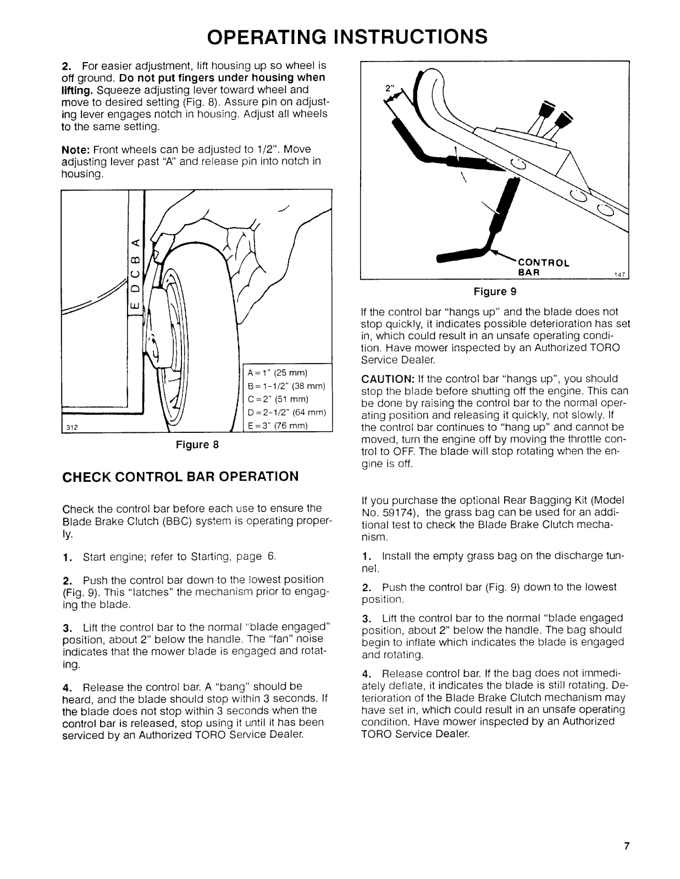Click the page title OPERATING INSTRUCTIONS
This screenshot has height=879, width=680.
[x=347, y=36]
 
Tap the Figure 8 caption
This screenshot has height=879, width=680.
[x=197, y=444]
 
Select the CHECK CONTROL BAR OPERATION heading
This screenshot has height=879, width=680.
[x=181, y=476]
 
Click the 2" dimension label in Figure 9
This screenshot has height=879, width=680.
[x=389, y=88]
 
